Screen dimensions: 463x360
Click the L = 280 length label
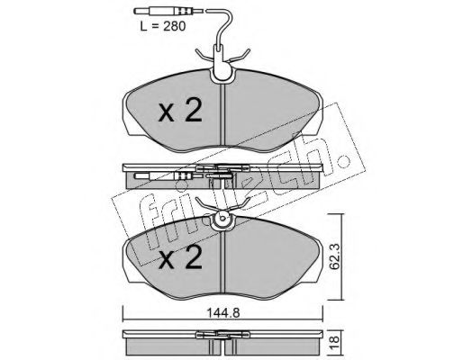click(163, 26)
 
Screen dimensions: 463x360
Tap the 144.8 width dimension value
click(222, 313)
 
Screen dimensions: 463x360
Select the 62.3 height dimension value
click(335, 256)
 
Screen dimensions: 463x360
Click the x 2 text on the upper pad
click(180, 111)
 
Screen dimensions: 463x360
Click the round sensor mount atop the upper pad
click(222, 75)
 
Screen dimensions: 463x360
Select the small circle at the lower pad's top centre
click(222, 218)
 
